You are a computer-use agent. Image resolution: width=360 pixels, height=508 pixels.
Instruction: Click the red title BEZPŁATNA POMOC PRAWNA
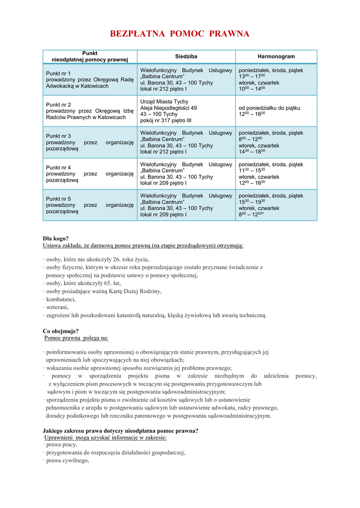[x=179, y=34]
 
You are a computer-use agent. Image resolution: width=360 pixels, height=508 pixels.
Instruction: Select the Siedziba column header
[x=186, y=57]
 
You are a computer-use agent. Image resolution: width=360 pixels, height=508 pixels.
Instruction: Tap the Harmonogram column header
[x=276, y=57]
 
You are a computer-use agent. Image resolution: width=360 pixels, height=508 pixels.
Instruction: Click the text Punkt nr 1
[x=59, y=73]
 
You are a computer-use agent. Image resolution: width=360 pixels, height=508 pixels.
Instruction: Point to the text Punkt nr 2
[x=59, y=105]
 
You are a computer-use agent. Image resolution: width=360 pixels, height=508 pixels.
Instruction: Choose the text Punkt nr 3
[x=59, y=136]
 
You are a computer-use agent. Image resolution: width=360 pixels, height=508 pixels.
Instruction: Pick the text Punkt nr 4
[x=59, y=168]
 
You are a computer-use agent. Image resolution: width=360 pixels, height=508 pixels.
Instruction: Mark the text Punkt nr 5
[x=59, y=199]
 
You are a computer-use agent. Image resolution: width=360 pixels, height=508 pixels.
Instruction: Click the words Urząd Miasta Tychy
[x=164, y=101]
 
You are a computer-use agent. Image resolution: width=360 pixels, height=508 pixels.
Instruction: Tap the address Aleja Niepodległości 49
[x=169, y=108]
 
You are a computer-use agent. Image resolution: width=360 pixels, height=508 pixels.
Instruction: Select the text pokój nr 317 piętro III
[x=166, y=121]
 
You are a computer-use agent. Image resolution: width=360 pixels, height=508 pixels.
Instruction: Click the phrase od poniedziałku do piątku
[x=270, y=108]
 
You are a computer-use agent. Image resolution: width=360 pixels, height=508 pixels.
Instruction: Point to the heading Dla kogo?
[x=56, y=238]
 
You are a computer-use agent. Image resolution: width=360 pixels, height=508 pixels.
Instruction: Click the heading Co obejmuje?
[x=61, y=331]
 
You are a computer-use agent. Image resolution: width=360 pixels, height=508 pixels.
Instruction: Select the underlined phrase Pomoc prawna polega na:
[x=76, y=338]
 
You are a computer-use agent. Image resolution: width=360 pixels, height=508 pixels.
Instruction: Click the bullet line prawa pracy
[x=61, y=444]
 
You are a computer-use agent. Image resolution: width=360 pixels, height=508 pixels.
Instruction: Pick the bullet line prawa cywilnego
[x=67, y=460]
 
